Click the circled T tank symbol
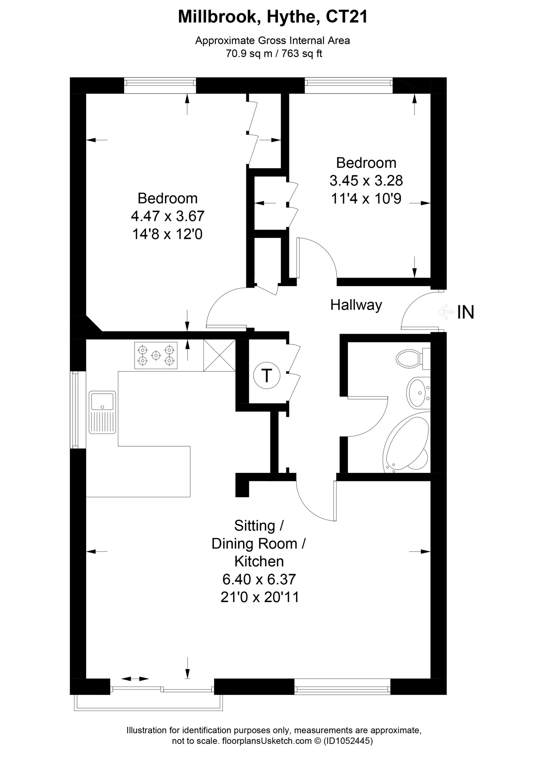coord(267,375)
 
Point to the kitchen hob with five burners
coord(156,355)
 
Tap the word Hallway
coord(356,305)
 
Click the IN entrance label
coord(465,312)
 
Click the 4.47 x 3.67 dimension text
coord(168,216)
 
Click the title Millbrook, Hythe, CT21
coord(273,17)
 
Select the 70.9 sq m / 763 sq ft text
coord(274,54)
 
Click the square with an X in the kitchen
coord(219,355)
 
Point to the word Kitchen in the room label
coord(259,561)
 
